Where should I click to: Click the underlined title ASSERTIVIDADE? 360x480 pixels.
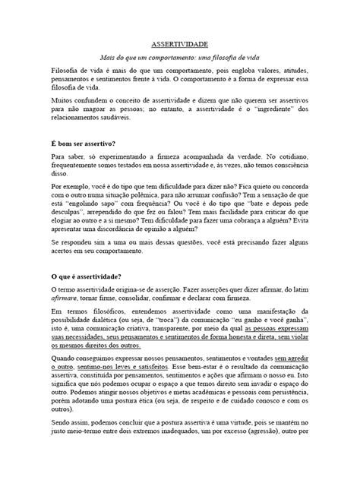[179, 46]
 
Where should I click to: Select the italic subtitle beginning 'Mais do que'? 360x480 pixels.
[179, 59]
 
